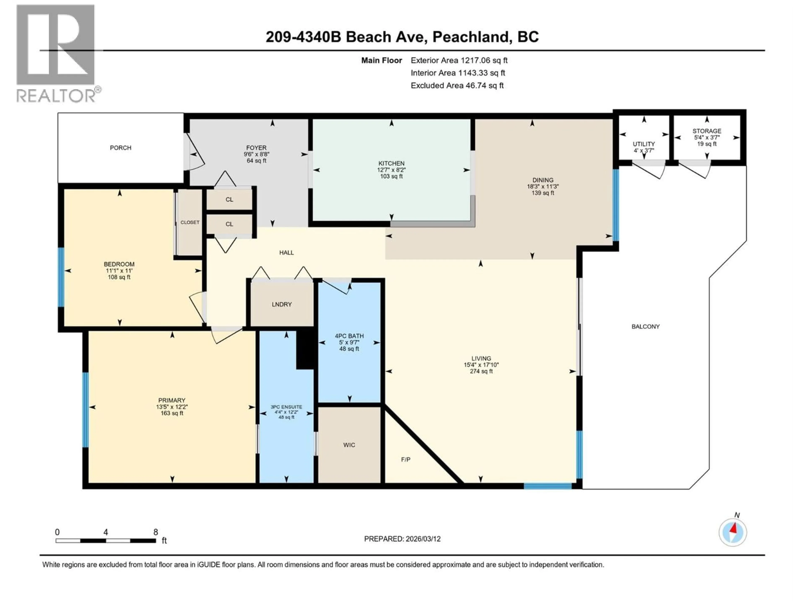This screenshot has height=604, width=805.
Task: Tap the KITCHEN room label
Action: tap(391, 163)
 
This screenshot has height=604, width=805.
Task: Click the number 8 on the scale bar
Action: tap(155, 532)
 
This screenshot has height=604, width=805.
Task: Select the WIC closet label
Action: tap(349, 445)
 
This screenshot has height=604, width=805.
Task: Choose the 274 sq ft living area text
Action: tap(481, 371)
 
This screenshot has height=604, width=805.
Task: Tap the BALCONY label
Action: tap(645, 327)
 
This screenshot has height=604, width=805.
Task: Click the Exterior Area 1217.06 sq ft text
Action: tap(459, 60)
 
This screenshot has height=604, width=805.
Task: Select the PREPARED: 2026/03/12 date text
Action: tap(402, 539)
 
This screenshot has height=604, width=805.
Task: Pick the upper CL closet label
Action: tap(229, 199)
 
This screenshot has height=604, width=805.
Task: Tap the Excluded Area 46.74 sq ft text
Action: tap(457, 86)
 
